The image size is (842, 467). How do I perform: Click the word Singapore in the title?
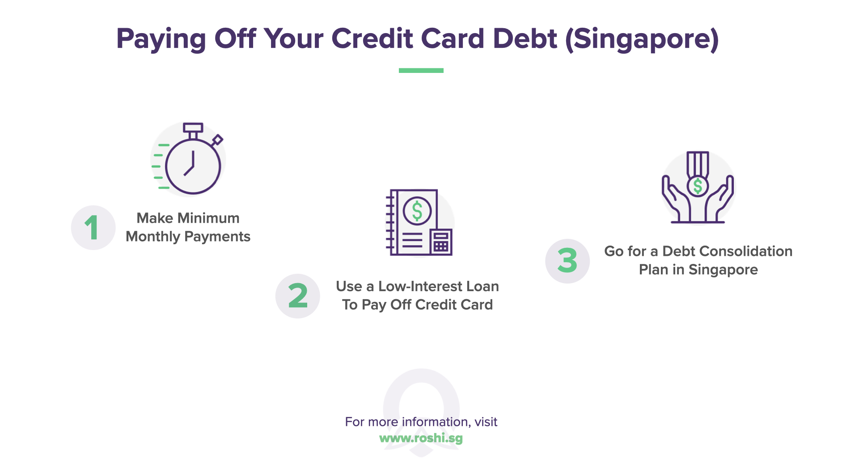pos(642,39)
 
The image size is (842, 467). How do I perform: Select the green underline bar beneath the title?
pos(421,70)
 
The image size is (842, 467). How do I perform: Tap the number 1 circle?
pos(93,228)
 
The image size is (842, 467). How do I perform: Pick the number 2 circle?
pos(297,296)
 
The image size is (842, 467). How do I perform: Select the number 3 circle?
pos(567,261)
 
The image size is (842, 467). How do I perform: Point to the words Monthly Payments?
pos(188,237)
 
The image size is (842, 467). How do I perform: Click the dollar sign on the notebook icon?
pos(417,211)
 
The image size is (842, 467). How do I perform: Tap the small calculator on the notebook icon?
pos(441,242)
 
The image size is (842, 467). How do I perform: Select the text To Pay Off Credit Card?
pos(417,305)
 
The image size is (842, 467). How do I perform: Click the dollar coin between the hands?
pos(698,186)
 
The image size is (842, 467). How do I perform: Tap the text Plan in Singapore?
pos(698,270)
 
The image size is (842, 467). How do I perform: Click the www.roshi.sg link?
pos(421,438)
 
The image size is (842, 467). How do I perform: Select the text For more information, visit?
pos(421,422)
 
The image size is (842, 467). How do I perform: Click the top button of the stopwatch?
pos(193,128)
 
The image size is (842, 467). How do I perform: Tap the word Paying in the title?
pos(161,39)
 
